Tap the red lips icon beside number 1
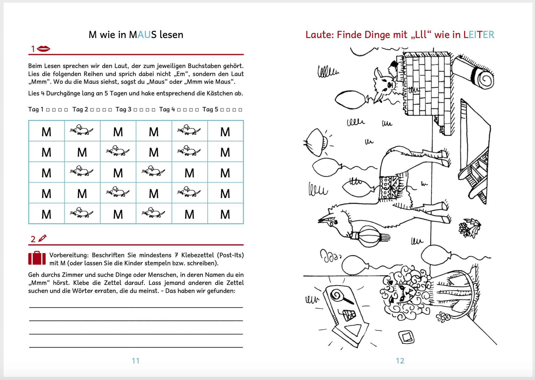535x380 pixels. pyautogui.click(x=44, y=49)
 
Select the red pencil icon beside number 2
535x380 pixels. pyautogui.click(x=43, y=238)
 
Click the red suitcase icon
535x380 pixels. pyautogui.click(x=37, y=258)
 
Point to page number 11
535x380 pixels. pyautogui.click(x=136, y=361)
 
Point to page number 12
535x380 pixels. pyautogui.click(x=400, y=361)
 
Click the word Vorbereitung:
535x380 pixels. pyautogui.click(x=69, y=255)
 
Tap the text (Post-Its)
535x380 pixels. pyautogui.click(x=230, y=255)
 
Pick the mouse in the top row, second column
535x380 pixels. pyautogui.click(x=82, y=130)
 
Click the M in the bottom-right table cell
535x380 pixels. pyautogui.click(x=225, y=214)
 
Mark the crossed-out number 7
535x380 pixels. pyautogui.click(x=176, y=255)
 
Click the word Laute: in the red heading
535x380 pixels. pyautogui.click(x=320, y=35)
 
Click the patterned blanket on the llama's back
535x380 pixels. pyautogui.click(x=390, y=187)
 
